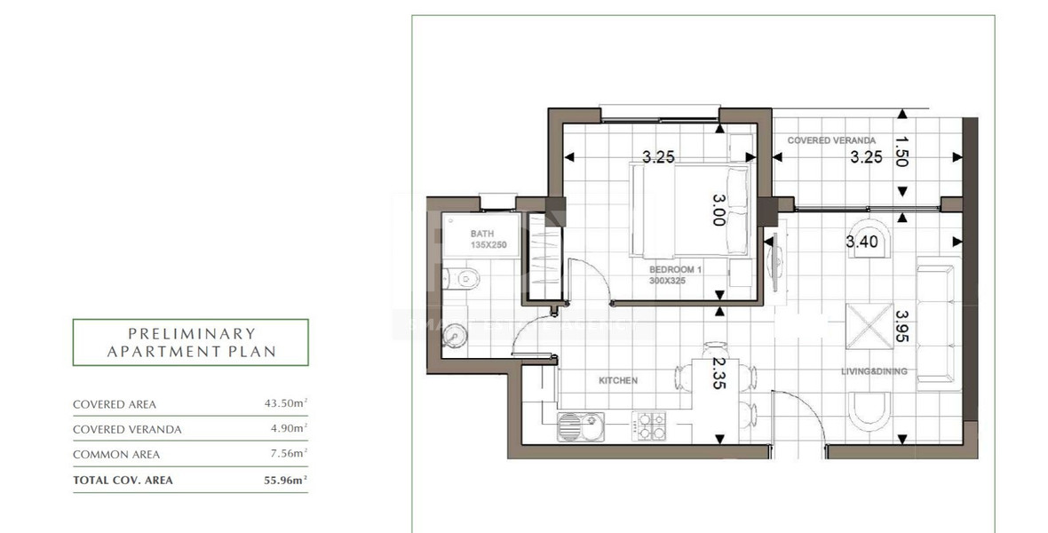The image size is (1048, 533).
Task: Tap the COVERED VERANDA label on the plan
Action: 831,140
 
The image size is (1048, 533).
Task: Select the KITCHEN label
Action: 617,380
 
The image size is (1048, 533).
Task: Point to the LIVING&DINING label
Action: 875,371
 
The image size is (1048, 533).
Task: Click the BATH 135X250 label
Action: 488,238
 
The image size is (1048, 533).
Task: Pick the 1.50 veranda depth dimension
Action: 902,153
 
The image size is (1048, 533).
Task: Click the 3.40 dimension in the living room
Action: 862,241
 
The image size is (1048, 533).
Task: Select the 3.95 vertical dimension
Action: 902,327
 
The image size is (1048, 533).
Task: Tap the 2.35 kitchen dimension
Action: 719,374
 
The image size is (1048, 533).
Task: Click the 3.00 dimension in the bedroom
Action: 719,211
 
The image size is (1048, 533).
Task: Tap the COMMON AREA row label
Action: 116,455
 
